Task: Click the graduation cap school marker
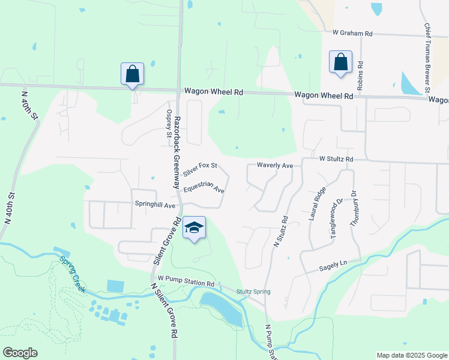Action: pyautogui.click(x=194, y=228)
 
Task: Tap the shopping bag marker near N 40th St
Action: pyautogui.click(x=132, y=74)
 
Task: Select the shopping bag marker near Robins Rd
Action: pyautogui.click(x=340, y=62)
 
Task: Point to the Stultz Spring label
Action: pyautogui.click(x=253, y=292)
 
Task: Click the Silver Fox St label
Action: pyautogui.click(x=200, y=169)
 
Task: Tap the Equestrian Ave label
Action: pyautogui.click(x=205, y=188)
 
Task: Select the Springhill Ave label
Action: pyautogui.click(x=155, y=205)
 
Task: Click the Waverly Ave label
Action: pyautogui.click(x=274, y=165)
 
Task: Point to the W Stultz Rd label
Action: pyautogui.click(x=336, y=160)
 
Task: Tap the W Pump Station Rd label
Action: pyautogui.click(x=186, y=282)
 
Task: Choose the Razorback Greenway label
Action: pyautogui.click(x=178, y=153)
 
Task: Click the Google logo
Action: pyautogui.click(x=20, y=353)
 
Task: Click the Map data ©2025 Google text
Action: pyautogui.click(x=411, y=355)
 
